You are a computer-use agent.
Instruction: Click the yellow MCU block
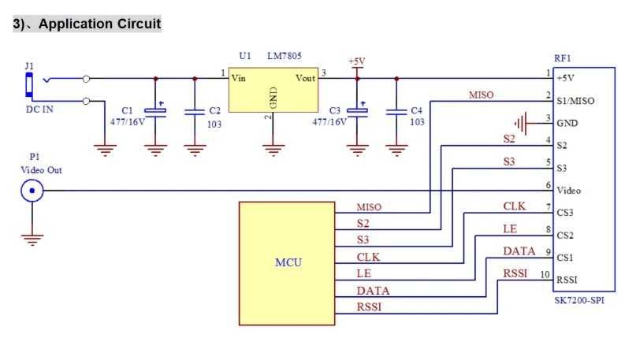(287, 263)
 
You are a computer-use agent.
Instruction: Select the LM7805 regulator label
(285, 56)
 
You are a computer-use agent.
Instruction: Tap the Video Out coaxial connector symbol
(32, 191)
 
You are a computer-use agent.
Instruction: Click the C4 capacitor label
(417, 110)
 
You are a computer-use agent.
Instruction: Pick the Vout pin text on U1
(305, 78)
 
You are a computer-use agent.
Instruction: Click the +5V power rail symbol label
(357, 61)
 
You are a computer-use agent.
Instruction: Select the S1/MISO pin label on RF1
(575, 101)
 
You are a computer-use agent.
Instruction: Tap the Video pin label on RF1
(569, 191)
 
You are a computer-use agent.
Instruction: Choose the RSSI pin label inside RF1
(567, 280)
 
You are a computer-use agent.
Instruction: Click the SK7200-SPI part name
(579, 300)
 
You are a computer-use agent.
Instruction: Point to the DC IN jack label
(39, 109)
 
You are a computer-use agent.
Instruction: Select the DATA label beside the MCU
(373, 291)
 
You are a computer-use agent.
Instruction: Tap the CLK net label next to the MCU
(368, 257)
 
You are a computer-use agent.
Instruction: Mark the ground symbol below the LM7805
(273, 150)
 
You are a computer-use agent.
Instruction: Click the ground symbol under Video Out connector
(32, 239)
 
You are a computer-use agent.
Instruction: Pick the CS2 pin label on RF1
(565, 236)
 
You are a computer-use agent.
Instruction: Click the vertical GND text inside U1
(273, 98)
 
